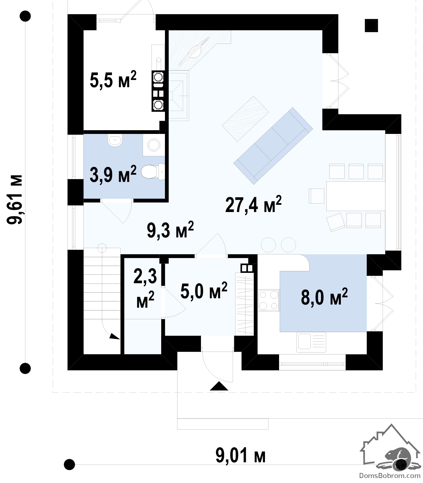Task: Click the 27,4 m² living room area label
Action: tap(253, 204)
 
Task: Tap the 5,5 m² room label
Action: tap(113, 79)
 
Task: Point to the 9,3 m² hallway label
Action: tap(170, 230)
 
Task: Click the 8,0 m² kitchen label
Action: tap(324, 296)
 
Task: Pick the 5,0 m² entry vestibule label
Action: tap(204, 290)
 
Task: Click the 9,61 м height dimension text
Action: tap(15, 200)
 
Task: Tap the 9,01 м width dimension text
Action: tap(240, 455)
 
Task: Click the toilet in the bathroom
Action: tap(153, 171)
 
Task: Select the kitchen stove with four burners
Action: tap(269, 300)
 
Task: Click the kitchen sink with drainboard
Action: tap(311, 342)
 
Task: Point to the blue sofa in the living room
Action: tap(273, 146)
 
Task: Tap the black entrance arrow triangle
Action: tap(219, 386)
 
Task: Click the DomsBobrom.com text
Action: tap(390, 475)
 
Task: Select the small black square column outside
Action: tap(371, 25)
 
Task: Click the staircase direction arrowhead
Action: tap(115, 336)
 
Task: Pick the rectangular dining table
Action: tap(356, 196)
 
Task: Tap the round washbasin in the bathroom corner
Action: tap(154, 145)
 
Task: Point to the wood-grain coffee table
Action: tap(245, 119)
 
